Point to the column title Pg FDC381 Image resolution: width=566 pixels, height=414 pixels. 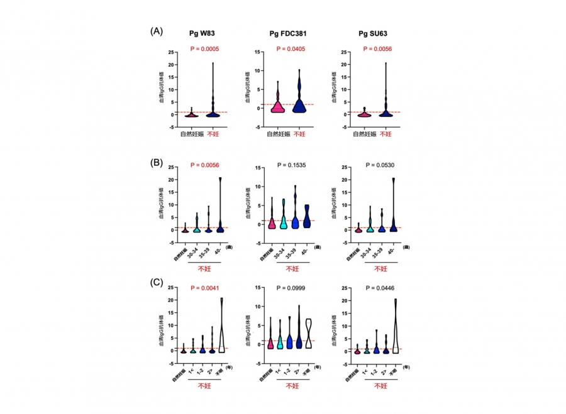(x=289, y=33)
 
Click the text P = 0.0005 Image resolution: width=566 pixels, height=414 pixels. (x=204, y=48)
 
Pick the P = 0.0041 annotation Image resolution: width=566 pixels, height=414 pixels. (x=204, y=289)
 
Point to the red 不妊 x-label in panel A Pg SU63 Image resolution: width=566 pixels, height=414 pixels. (x=385, y=134)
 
